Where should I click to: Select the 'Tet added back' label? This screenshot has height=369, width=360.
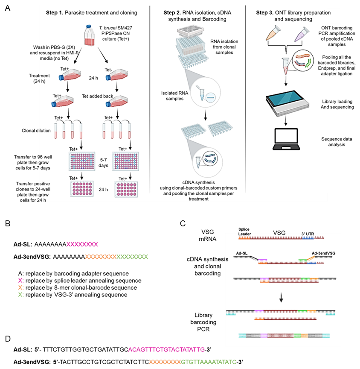98,96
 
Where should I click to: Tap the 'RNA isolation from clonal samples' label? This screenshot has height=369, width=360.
224,47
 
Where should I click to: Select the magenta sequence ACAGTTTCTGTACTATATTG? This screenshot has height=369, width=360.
166,350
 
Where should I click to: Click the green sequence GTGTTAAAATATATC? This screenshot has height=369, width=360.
209,362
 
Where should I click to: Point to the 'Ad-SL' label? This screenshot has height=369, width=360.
242,253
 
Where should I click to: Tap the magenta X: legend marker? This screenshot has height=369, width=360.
20,281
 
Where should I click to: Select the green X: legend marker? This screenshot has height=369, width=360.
20,295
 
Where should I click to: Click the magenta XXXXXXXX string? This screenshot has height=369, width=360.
82,244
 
